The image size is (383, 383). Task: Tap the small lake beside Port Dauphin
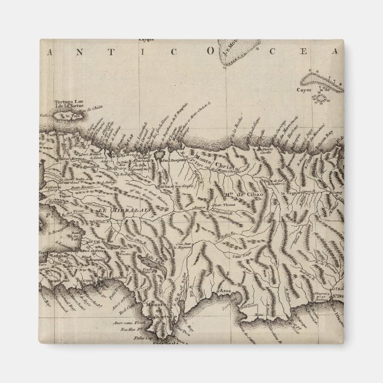point(161,154)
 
